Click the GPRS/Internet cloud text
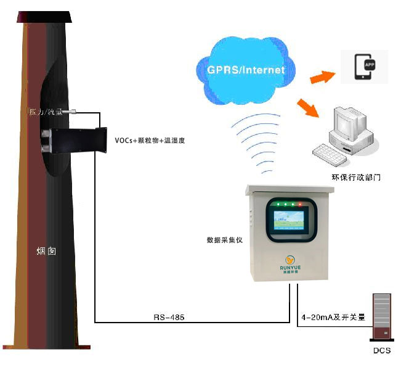[246, 70]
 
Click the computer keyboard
[332, 154]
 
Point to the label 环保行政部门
[355, 177]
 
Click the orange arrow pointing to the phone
[322, 77]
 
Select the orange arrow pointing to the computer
[309, 107]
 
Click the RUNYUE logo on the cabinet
[289, 265]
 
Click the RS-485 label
[169, 317]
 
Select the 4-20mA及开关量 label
[333, 317]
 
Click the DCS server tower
[381, 316]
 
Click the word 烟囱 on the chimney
[46, 252]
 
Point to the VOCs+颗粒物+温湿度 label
[150, 141]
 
